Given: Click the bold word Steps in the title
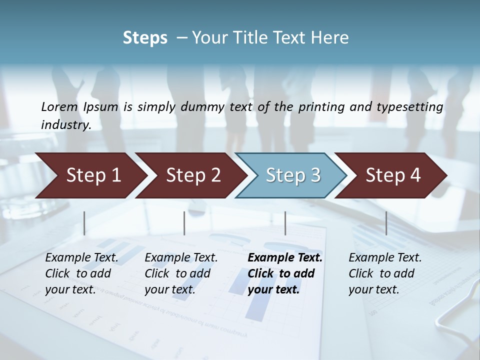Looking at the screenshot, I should click(x=145, y=38).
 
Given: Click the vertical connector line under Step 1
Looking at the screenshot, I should click(x=84, y=223).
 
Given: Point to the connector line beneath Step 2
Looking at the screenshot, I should click(x=184, y=223).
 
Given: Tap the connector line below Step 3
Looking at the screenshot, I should click(x=285, y=223).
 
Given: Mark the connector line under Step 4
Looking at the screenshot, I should click(x=386, y=223).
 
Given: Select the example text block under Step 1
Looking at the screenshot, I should click(x=81, y=273).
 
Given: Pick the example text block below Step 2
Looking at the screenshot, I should click(x=181, y=273).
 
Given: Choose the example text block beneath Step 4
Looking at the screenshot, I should click(x=385, y=273).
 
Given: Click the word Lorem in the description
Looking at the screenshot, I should click(x=59, y=107).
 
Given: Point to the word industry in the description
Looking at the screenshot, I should click(x=65, y=125).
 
